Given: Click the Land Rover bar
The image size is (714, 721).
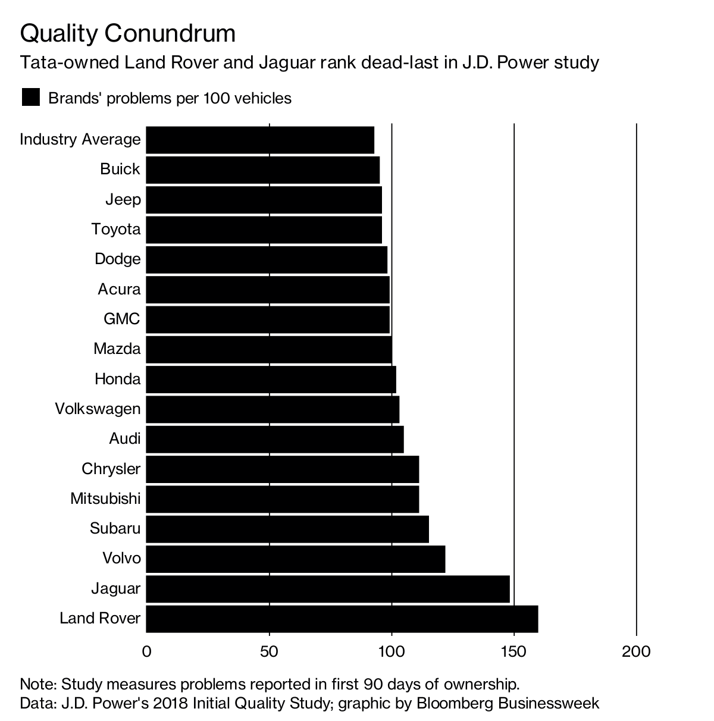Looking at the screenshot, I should point(342,619).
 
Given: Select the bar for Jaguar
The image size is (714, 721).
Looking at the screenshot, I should point(327,589).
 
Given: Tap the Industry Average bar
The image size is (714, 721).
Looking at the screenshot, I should point(259,140).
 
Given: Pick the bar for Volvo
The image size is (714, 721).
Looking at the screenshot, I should point(295,559).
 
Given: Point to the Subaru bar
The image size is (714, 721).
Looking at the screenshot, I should point(287,529).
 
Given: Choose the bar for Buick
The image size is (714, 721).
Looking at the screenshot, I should point(262,170).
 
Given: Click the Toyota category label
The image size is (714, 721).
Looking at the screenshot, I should point(116,229).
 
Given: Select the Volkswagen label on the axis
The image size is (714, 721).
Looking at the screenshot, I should point(98,409).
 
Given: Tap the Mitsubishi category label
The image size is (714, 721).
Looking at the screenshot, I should point(105,499).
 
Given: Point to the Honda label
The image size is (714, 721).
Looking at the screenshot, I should point(117,379).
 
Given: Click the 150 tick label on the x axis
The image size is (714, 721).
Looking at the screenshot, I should point(513,651).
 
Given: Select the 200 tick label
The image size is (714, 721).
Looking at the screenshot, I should point(636,651).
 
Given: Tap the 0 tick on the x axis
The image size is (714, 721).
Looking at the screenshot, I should point(146,651).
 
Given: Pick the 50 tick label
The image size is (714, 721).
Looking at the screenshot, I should point(269,651).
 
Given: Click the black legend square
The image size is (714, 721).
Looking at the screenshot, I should point(30,98).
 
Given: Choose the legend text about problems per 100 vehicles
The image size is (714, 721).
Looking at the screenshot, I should point(170,98).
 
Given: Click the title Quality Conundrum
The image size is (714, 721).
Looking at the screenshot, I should point(128,34).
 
